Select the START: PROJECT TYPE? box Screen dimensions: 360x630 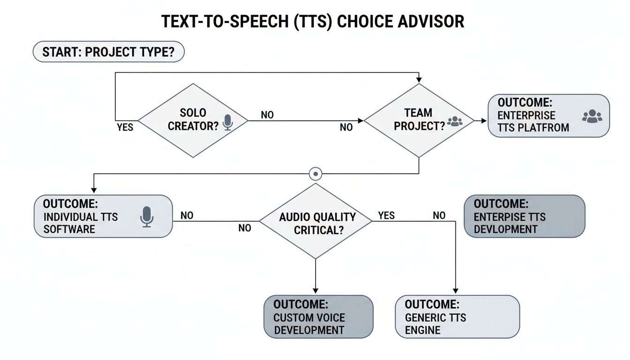click(108, 52)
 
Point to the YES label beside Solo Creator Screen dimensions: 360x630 click(125, 127)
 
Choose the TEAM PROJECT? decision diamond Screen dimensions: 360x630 click(419, 120)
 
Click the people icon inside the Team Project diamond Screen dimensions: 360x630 click(455, 122)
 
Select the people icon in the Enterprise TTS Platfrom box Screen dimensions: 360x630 click(592, 116)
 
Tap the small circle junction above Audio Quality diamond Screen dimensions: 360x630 click(316, 174)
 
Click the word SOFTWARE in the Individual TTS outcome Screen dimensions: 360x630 click(69, 229)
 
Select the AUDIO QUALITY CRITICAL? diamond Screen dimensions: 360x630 click(315, 221)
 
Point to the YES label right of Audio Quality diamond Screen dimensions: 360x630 click(386, 216)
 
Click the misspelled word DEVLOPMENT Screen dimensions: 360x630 click(505, 229)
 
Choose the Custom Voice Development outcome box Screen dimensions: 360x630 click(318, 316)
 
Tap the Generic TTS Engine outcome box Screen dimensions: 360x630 click(457, 316)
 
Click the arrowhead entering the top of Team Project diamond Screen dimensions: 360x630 click(419, 80)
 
